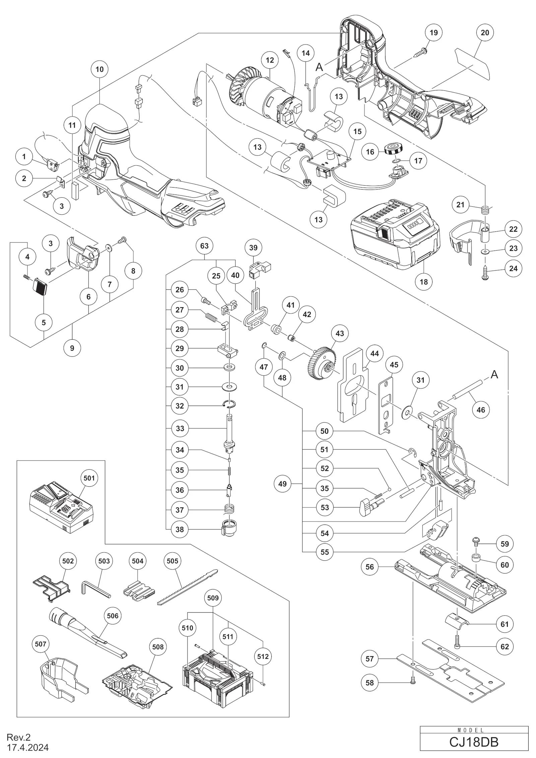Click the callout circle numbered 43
340,333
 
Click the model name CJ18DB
474,742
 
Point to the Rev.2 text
18,737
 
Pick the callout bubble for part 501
89,478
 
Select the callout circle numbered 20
485,32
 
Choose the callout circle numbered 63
204,246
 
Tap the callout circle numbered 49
282,484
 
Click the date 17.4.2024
28,748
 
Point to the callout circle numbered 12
270,60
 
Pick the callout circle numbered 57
370,659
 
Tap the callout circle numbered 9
72,348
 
